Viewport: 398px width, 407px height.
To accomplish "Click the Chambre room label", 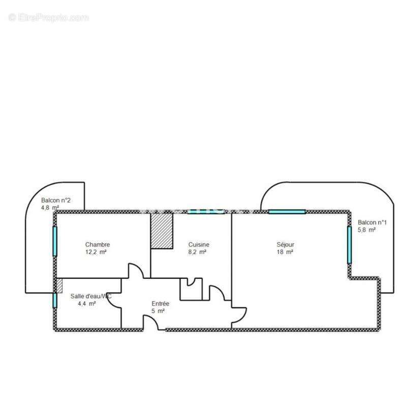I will point(97,245).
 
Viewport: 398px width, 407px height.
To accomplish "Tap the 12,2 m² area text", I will point(96,252).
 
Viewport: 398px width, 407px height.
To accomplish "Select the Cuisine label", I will point(199,245).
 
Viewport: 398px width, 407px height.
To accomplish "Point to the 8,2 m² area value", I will point(197,252).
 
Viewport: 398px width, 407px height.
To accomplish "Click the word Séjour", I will point(285,245).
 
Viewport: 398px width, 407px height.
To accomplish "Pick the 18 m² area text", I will point(285,252).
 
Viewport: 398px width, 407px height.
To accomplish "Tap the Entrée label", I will point(160,304).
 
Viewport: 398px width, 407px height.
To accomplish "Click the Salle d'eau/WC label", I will point(90,296).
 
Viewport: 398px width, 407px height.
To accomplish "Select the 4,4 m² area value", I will point(86,304).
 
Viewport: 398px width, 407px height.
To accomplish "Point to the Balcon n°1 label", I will point(372,222).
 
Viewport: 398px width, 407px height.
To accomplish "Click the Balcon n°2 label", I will point(55,200).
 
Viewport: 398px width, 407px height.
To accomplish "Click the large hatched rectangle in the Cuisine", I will point(162,231).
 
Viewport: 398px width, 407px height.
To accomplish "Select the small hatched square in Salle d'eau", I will point(59,285).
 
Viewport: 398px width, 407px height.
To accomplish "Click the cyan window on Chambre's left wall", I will point(55,241).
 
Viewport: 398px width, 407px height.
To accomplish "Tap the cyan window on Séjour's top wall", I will point(287,212).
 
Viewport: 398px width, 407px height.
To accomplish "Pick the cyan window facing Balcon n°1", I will point(349,244).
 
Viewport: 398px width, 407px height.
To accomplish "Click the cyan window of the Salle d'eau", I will point(55,300).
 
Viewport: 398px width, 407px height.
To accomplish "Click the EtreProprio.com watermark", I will point(48,18).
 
